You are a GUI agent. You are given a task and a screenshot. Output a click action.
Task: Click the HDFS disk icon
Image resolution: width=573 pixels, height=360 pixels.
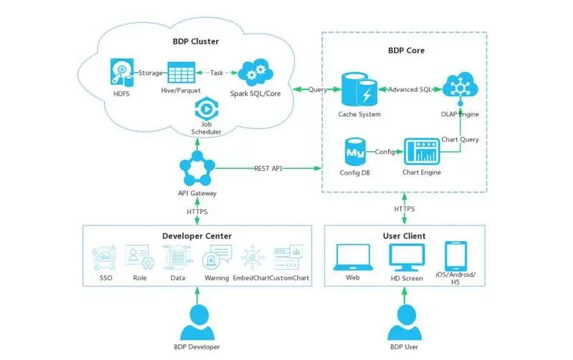tap(122, 72)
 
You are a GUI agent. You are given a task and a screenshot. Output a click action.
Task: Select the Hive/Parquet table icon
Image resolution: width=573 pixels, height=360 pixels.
tap(181, 73)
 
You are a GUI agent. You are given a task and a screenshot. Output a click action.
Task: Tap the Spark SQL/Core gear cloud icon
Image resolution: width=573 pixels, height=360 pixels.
tap(256, 72)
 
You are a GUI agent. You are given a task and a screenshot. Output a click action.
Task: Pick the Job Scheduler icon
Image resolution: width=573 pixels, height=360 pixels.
tap(206, 109)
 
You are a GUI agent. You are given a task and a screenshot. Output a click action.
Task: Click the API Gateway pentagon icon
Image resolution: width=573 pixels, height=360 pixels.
tap(198, 168)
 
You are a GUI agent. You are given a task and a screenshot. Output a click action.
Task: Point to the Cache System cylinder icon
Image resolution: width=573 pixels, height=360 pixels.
tap(360, 89)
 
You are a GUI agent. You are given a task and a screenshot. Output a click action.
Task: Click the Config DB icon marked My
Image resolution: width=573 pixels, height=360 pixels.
tap(355, 152)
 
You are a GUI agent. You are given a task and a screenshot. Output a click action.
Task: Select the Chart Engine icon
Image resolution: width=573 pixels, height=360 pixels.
tap(422, 152)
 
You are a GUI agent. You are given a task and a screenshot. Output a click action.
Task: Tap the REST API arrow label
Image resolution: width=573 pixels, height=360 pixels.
tap(268, 168)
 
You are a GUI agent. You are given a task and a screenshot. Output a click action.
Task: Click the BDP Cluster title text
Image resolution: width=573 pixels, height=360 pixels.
tap(196, 42)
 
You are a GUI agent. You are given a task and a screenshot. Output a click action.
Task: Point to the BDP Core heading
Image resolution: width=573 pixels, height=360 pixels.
tap(406, 50)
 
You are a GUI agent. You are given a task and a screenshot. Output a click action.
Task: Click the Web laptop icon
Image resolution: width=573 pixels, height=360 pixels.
tap(353, 258)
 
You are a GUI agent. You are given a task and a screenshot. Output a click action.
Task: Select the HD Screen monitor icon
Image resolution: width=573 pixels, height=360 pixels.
tap(407, 258)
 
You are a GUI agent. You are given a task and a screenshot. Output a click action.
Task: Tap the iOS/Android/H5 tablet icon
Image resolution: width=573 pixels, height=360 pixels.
tap(456, 256)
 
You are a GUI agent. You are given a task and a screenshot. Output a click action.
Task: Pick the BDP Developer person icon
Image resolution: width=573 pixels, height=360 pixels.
tap(198, 322)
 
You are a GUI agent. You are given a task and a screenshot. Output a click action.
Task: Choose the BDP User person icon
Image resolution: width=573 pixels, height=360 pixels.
tap(405, 322)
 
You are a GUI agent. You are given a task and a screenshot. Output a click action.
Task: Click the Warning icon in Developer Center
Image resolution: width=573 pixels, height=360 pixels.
tap(217, 257)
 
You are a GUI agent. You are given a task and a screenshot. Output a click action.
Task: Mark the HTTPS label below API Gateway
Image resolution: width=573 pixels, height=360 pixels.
tap(197, 212)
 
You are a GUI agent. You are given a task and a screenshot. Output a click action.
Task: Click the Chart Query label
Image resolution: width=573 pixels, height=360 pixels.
tap(460, 140)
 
